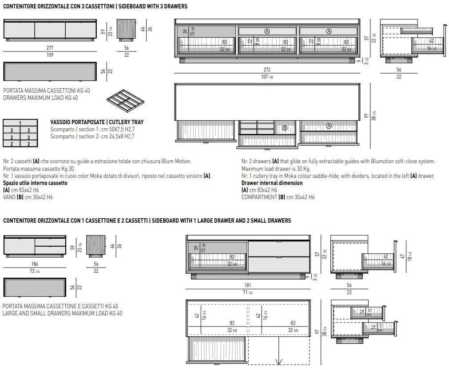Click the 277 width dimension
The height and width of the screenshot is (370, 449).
click(x=49, y=48)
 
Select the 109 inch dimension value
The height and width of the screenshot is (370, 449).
click(x=49, y=55)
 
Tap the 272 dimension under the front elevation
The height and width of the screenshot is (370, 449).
click(x=266, y=70)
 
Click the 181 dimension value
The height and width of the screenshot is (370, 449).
click(x=248, y=286)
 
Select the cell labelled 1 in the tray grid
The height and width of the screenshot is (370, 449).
click(x=20, y=123)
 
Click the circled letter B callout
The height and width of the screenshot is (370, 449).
click(x=285, y=128)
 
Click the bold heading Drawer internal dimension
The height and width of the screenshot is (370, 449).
click(x=272, y=183)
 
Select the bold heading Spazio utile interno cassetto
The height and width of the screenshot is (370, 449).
click(x=35, y=183)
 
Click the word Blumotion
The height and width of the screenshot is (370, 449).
click(x=381, y=161)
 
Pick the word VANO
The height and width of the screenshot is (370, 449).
click(x=9, y=197)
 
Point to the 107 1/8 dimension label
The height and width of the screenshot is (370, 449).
click(x=266, y=77)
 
